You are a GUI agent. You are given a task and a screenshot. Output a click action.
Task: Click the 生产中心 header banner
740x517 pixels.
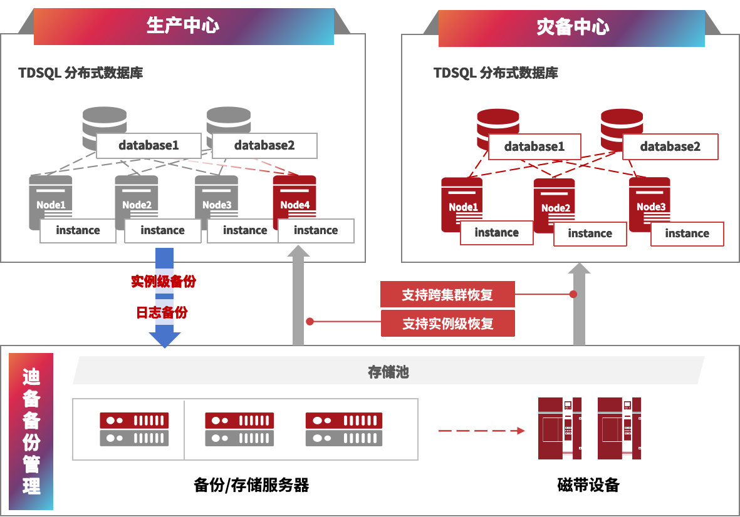(x=183, y=26)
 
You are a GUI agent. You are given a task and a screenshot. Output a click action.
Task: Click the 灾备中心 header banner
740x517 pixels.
(x=571, y=28)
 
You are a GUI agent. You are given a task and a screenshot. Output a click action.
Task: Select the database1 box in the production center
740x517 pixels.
(x=149, y=145)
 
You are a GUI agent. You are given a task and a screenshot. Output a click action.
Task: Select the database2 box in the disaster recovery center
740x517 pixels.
(x=670, y=146)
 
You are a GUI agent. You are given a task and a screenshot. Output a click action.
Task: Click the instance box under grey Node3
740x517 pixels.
(x=245, y=230)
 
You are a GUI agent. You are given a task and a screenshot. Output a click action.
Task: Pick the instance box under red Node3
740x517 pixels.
(x=687, y=233)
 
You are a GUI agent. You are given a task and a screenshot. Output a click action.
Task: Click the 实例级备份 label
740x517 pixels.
(x=163, y=281)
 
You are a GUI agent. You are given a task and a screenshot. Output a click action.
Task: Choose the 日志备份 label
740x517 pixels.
(x=162, y=312)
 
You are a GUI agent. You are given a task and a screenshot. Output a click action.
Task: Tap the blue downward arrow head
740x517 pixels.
(x=164, y=339)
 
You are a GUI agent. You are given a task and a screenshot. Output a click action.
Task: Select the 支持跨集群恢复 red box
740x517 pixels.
(x=447, y=294)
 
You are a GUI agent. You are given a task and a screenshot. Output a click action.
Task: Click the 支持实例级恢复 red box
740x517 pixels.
(x=447, y=323)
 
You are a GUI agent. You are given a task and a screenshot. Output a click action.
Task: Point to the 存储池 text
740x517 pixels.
(x=388, y=372)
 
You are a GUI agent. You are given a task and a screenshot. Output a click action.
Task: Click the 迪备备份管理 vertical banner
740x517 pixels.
(x=31, y=431)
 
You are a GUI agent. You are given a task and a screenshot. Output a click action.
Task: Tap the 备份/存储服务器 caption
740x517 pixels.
(x=251, y=485)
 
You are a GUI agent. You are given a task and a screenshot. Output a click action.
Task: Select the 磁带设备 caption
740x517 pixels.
(x=588, y=485)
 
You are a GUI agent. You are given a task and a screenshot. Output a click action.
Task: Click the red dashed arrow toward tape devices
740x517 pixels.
(x=481, y=431)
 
